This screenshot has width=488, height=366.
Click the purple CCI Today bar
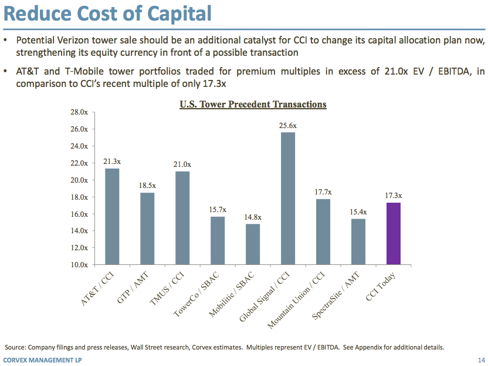394,233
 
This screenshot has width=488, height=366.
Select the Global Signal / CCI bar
288,198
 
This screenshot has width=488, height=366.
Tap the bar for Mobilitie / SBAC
253,244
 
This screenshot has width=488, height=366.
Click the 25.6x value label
288,125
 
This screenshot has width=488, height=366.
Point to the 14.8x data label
253,217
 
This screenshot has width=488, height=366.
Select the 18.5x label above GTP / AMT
147,186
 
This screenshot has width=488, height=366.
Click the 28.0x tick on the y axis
79,112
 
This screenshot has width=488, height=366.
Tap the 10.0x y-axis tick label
79,265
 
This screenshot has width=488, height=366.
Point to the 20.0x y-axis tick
79,180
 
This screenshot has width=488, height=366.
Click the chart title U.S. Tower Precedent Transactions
252,105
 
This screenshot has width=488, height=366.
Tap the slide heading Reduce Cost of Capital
108,12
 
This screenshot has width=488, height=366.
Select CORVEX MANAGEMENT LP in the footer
42,360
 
